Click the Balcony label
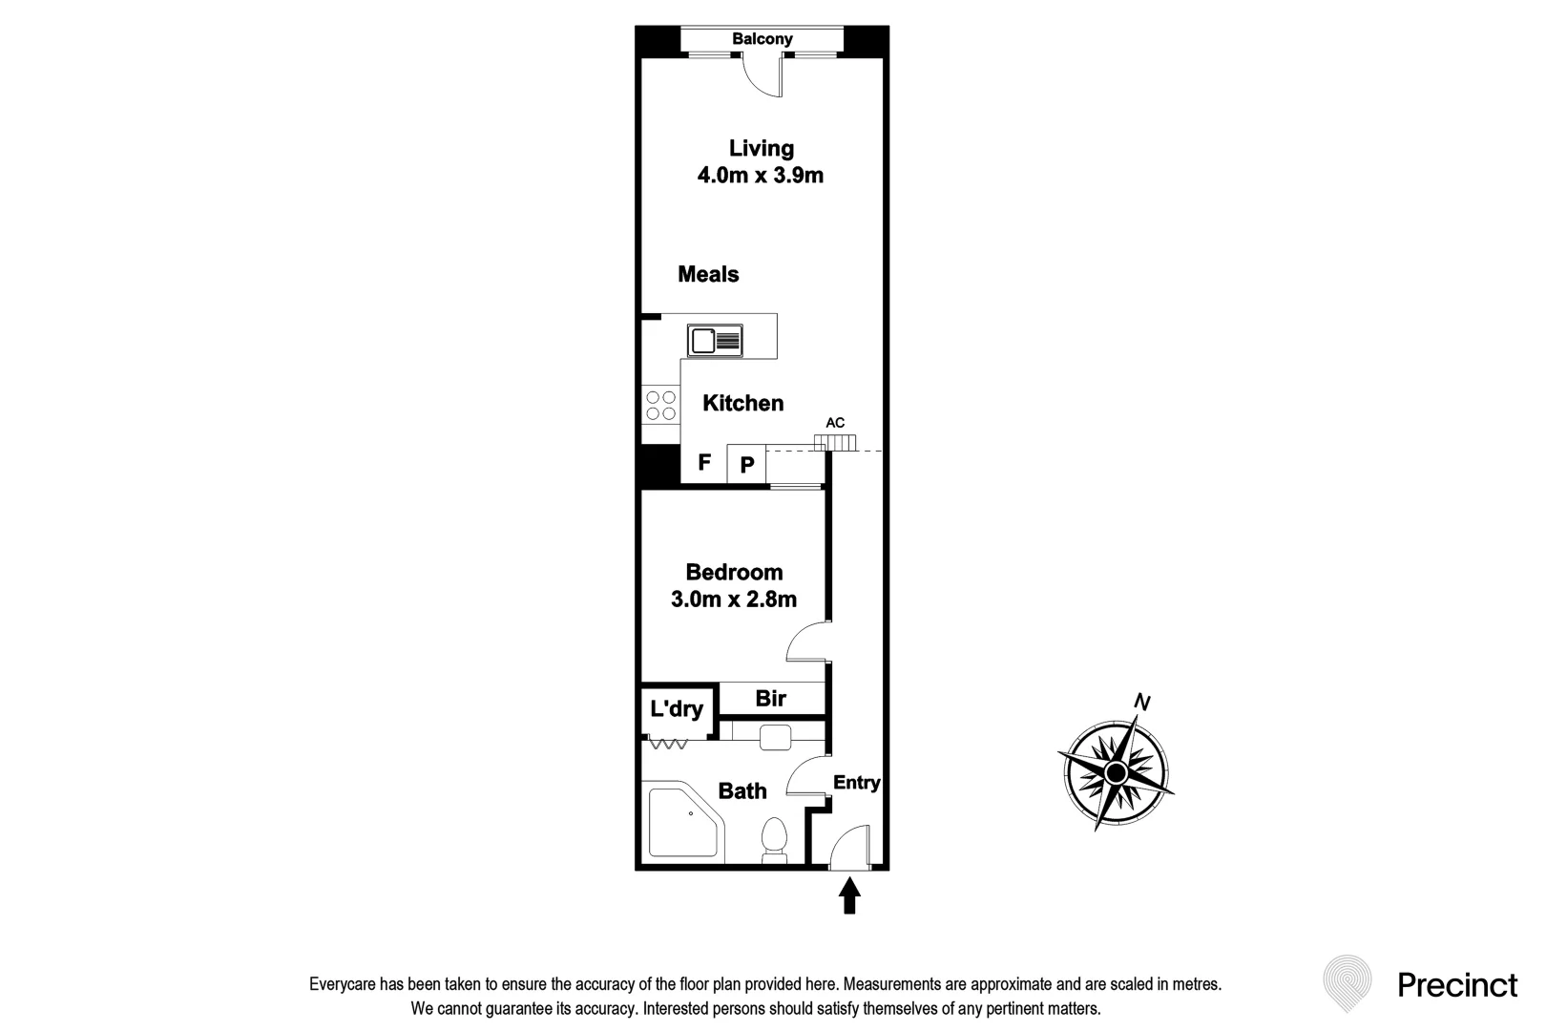point(762,39)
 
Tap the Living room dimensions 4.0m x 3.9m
point(760,176)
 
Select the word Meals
point(708,275)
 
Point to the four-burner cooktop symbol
point(659,406)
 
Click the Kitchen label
point(742,404)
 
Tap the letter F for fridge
point(704,463)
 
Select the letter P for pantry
point(747,466)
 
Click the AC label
point(835,423)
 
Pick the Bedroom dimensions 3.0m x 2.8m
point(733,600)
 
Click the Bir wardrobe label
point(770,699)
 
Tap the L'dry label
point(677,709)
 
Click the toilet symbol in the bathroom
point(774,841)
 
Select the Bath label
point(742,791)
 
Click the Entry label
point(856,783)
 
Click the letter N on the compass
point(1141,703)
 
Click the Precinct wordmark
point(1456,985)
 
